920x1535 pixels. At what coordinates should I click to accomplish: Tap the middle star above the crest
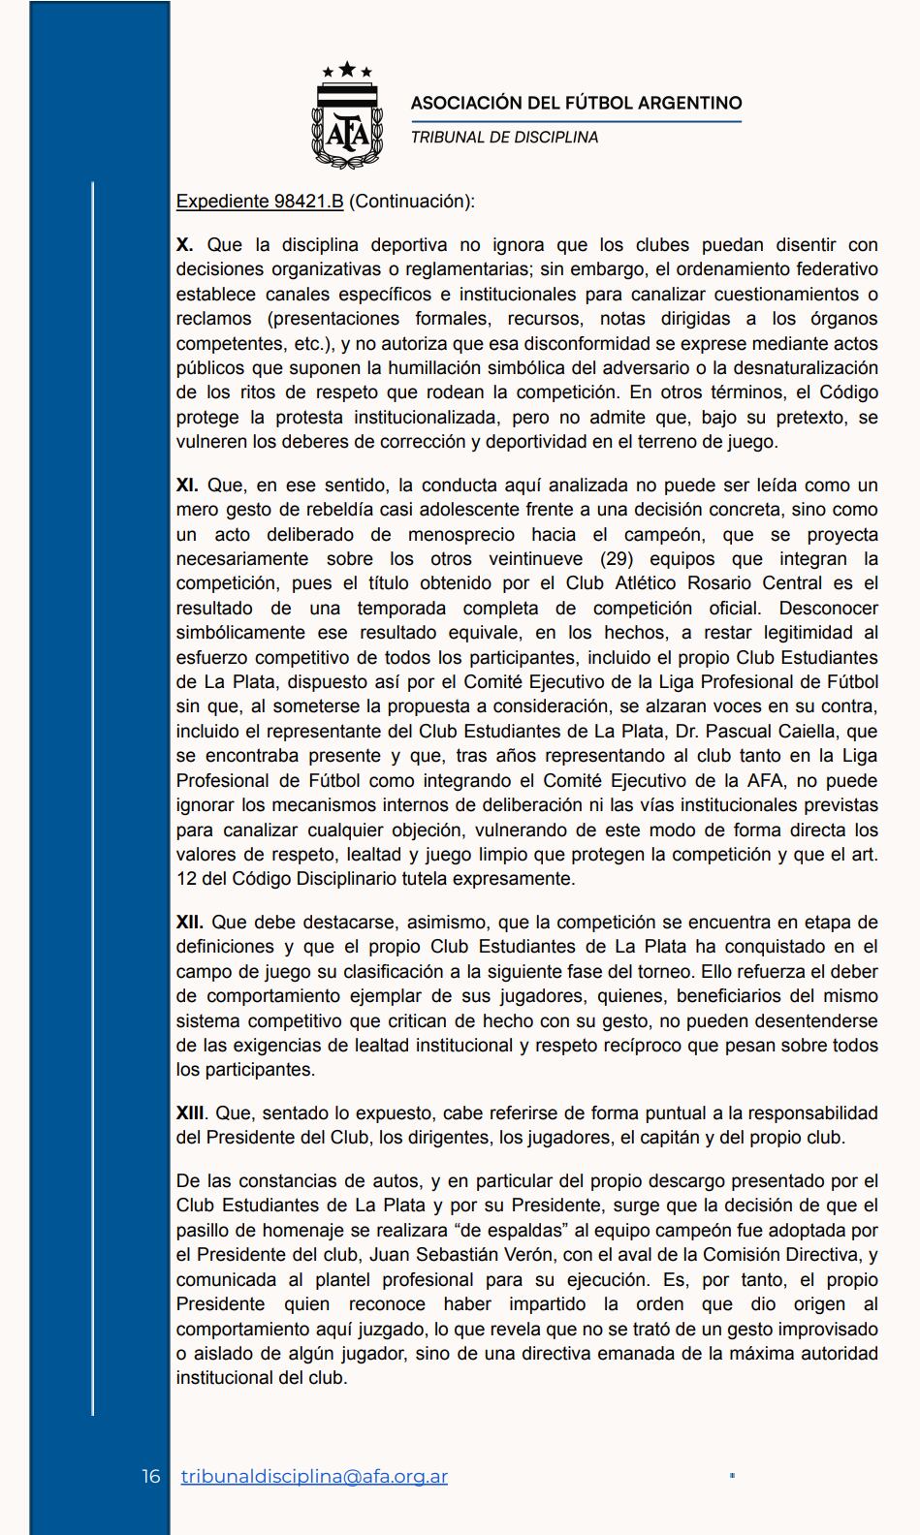tap(347, 69)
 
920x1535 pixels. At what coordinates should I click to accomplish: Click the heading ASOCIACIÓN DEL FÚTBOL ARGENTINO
tap(576, 103)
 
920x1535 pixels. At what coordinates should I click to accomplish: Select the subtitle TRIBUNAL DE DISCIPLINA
tap(504, 138)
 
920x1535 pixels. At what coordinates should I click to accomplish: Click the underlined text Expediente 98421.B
tap(260, 202)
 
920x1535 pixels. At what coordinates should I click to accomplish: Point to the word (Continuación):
tap(412, 202)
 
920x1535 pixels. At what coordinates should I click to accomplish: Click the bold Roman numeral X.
tap(184, 245)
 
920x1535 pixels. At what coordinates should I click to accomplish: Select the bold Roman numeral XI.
tap(187, 486)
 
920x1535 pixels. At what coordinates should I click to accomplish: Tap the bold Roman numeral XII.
tap(190, 923)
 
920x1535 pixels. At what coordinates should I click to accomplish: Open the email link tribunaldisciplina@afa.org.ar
tap(314, 1476)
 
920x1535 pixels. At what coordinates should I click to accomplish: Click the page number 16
tap(151, 1476)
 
